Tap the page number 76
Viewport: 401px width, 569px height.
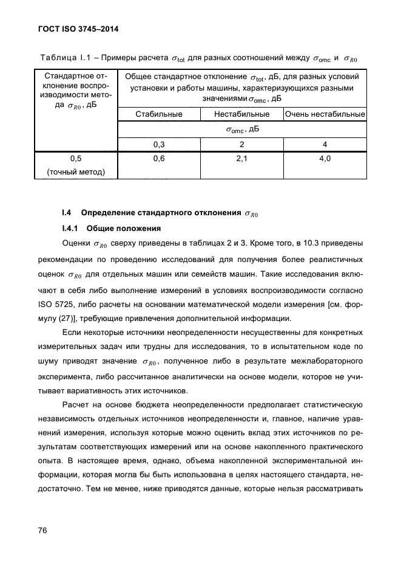[x=42, y=530]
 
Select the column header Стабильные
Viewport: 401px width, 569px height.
[x=159, y=114]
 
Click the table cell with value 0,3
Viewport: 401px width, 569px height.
[x=159, y=144]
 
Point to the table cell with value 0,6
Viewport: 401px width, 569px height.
[x=159, y=159]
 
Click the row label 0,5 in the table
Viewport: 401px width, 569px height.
[x=76, y=159]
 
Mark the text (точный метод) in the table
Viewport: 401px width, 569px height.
[x=76, y=172]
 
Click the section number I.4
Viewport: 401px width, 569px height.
[x=67, y=213]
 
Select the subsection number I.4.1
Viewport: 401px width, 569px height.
[x=72, y=229]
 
